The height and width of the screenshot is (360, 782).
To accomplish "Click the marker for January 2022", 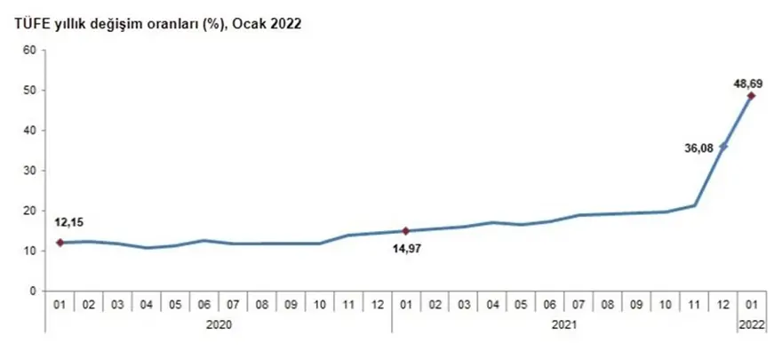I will tap(751, 96).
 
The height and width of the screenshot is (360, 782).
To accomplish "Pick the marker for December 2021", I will tap(722, 147).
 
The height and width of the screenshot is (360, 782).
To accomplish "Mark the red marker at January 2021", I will tap(405, 231).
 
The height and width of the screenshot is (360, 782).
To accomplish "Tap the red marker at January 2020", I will tap(60, 242).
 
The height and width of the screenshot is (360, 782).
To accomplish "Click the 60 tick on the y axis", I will tap(28, 50).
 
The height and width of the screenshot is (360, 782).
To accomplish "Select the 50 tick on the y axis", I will tap(28, 90).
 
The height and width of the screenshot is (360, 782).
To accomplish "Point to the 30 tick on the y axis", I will tap(28, 171).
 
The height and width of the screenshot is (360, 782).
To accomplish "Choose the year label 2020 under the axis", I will tap(219, 324).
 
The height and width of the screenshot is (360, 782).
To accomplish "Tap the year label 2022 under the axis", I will tap(751, 324).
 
